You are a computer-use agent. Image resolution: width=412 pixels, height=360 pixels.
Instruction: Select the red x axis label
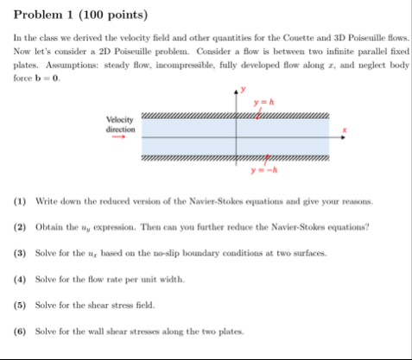coord(345,131)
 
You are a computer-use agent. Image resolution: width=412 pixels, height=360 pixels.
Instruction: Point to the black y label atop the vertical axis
coord(244,89)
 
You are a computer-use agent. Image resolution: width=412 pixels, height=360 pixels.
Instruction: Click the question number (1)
coord(19,200)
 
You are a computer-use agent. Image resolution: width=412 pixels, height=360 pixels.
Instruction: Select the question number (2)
coord(19,227)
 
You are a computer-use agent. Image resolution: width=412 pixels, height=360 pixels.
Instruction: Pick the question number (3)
coord(19,254)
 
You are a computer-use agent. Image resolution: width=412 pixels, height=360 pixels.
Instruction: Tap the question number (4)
coord(19,280)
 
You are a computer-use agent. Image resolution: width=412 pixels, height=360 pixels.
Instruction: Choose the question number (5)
coord(19,306)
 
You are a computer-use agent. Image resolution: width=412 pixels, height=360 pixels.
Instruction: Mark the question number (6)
coord(19,332)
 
